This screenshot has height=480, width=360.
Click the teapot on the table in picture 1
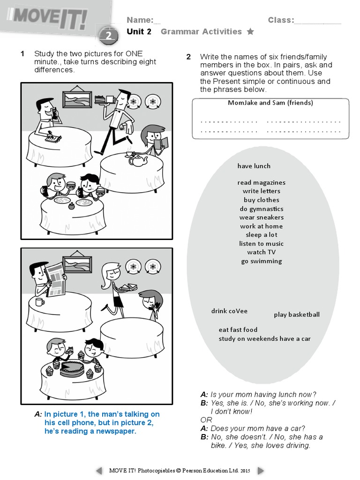pos(139,161)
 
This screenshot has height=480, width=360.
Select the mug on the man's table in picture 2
pos(39,301)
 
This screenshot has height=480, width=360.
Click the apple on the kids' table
pos(71,205)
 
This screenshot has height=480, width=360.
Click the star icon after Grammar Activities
pos(250,32)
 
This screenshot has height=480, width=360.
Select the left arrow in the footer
pos(99,470)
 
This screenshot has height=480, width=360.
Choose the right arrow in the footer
pos(261,470)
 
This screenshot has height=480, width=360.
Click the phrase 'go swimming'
pos(262,261)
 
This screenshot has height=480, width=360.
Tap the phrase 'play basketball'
pos(297,315)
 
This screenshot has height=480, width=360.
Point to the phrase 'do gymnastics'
pos(262,209)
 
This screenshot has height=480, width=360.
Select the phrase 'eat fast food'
pos(238,330)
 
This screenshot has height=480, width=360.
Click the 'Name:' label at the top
pos(140,20)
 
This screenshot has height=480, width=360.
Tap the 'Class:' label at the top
pos(281,20)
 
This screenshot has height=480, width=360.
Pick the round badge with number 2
pos(108,35)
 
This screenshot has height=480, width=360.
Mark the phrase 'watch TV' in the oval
pos(262,252)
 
